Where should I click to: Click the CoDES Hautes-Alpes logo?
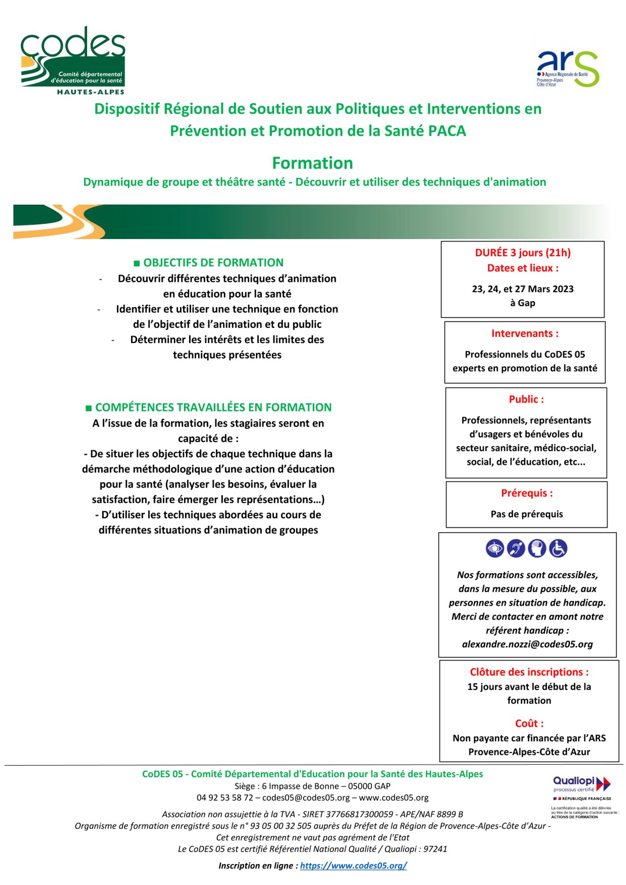coord(73,60)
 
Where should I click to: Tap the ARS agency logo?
coord(568,69)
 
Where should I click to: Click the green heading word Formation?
coord(312,163)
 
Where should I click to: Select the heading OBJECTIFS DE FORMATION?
coord(208,262)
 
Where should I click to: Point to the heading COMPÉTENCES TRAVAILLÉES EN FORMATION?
coord(208,407)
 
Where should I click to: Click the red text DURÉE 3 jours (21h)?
coord(522,253)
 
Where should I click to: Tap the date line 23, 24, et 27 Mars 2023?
coord(522,289)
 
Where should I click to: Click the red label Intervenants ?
coord(525,334)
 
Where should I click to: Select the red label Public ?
coord(526,399)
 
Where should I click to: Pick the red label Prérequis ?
coord(526,493)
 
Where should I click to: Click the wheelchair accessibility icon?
coord(558,549)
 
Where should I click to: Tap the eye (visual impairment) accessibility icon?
coord(495,549)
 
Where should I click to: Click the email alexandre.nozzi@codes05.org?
coord(527,644)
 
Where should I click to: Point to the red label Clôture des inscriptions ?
coord(529,672)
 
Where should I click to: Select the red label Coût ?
coord(529,723)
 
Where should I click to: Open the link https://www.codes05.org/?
coord(353,866)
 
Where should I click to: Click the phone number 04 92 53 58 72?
coord(225,798)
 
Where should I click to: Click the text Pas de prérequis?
coord(526,514)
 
